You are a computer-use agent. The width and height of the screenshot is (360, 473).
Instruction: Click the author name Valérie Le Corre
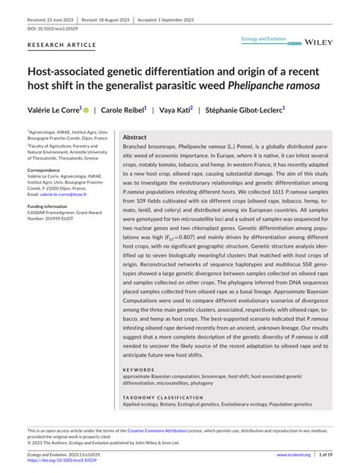[x=52, y=110]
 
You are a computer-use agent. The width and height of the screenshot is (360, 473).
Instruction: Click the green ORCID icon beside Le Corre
[x=86, y=110]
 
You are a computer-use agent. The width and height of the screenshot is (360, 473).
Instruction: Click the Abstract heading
[x=134, y=138]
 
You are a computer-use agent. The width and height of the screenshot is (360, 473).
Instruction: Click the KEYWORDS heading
[x=137, y=371]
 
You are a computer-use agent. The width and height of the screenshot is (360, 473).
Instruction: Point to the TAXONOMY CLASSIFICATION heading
[x=159, y=396]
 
